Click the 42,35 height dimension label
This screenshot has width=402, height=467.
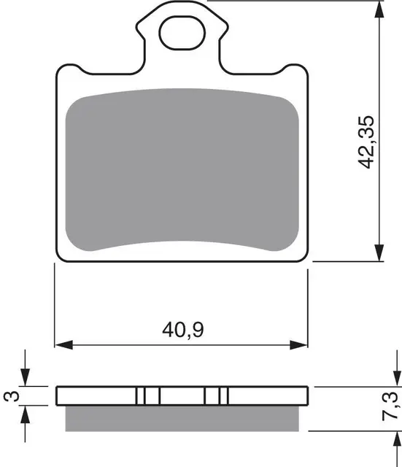(366, 142)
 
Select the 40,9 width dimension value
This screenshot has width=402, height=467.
(183, 330)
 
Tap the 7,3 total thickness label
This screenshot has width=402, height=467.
(390, 406)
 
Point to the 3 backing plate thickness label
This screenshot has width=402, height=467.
(12, 395)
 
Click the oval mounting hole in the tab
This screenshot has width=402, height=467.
(182, 33)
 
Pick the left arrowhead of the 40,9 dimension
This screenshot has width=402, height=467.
(64, 345)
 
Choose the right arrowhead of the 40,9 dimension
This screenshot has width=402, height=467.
(298, 345)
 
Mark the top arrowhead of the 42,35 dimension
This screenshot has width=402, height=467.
(379, 9)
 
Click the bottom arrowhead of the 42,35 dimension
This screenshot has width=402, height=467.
(379, 253)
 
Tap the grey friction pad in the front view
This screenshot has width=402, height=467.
(182, 170)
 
